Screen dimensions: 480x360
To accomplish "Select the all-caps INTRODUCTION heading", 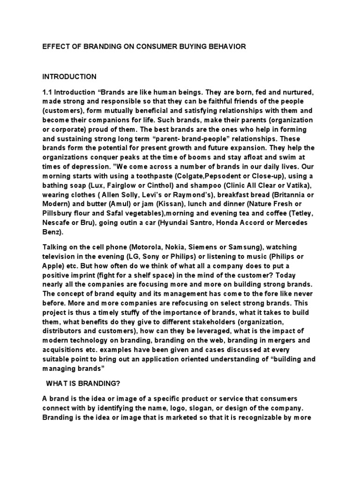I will tap(69, 76).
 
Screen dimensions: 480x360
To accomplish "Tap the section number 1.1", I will tap(48, 92).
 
